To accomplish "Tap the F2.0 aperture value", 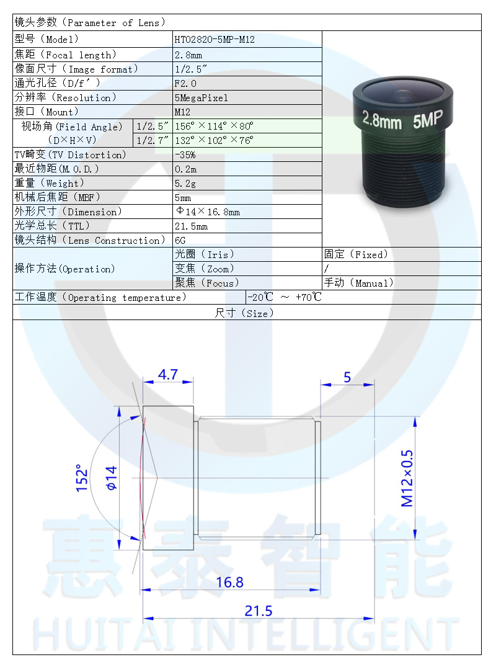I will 185,83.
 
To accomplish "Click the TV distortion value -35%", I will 185,154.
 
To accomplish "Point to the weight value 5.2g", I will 185,183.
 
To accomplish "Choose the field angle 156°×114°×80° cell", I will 214,126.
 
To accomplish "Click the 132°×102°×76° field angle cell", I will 214,140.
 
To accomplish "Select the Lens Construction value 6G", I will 180,240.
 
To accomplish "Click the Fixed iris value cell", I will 356,254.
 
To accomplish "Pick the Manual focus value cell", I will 359,283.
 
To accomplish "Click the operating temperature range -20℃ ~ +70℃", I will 285,297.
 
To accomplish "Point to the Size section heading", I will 244,313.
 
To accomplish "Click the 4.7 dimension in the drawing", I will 167,375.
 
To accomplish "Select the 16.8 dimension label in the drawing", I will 229,582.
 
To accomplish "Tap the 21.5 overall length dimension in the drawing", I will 258,611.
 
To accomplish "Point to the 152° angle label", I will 82,478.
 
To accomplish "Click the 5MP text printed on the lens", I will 427,122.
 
